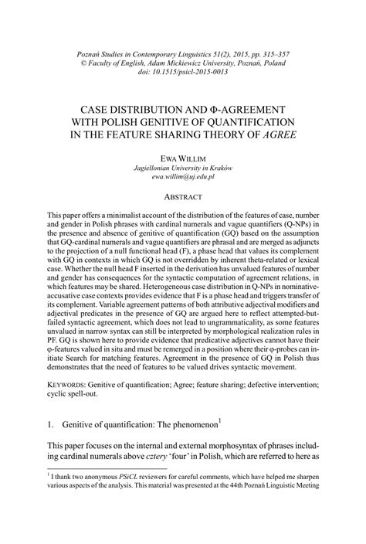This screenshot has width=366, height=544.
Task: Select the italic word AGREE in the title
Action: (x=277, y=134)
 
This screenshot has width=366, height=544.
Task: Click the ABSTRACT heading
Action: (x=182, y=197)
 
